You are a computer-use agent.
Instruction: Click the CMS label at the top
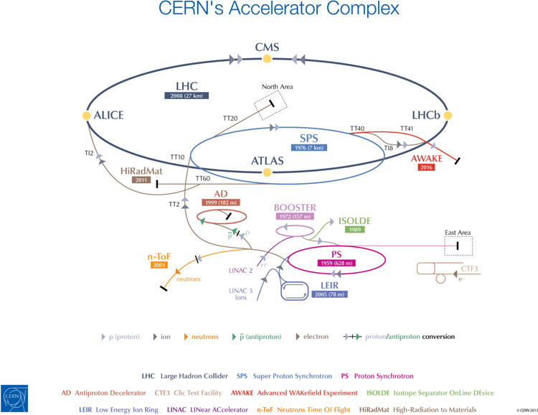[x=267, y=47]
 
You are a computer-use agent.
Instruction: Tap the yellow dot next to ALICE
[x=87, y=115]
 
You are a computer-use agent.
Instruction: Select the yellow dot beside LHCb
[x=448, y=115]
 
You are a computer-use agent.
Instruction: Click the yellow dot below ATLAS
[x=268, y=172]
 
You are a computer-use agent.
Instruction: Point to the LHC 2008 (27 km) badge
[x=186, y=95]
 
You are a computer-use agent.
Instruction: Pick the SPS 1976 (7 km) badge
[x=309, y=148]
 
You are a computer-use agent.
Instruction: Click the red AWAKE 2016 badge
[x=426, y=167]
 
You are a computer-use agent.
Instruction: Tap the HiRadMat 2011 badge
[x=141, y=180]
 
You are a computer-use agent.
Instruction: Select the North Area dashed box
[x=271, y=105]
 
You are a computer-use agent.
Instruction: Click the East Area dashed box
[x=458, y=246]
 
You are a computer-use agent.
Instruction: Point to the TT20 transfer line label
[x=230, y=118]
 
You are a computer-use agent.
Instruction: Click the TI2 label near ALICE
[x=89, y=153]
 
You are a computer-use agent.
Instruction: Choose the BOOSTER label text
[x=294, y=207]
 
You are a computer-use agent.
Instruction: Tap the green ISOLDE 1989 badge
[x=354, y=230]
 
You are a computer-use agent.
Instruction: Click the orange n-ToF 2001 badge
[x=159, y=265]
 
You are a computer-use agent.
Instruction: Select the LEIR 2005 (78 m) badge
[x=329, y=294]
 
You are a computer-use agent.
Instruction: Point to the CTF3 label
[x=469, y=269]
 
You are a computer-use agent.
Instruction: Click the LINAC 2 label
[x=240, y=271]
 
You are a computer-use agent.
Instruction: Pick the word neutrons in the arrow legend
[x=204, y=337]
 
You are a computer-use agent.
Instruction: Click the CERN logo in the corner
[x=15, y=398]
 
